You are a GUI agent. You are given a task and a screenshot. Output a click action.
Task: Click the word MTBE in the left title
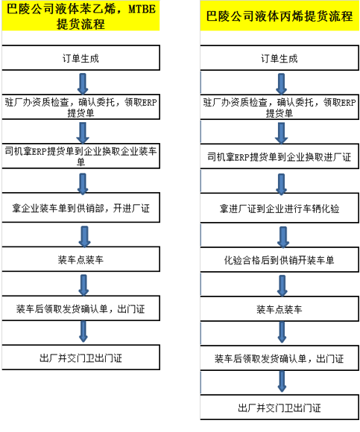(x=142, y=9)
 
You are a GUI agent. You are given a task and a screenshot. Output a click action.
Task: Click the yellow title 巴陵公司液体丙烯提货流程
(x=280, y=16)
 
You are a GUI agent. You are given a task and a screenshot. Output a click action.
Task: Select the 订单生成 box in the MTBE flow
(x=80, y=58)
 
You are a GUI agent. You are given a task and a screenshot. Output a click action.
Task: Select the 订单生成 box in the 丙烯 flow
(x=280, y=58)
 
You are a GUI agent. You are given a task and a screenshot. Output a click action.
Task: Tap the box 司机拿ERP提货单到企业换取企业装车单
(x=80, y=156)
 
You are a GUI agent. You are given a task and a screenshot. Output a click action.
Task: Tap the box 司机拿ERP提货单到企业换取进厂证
(x=280, y=156)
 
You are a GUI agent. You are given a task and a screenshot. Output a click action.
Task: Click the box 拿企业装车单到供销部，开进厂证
(x=80, y=208)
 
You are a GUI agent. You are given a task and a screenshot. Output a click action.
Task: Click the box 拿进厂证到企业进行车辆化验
(x=280, y=208)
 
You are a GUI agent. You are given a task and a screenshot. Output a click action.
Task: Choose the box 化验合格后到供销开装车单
(x=280, y=259)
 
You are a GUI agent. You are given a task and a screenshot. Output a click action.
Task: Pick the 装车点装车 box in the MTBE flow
(x=80, y=259)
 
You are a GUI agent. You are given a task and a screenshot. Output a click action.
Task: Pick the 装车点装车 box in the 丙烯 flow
(x=280, y=309)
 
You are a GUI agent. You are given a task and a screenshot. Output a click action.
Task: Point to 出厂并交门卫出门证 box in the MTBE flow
(x=80, y=358)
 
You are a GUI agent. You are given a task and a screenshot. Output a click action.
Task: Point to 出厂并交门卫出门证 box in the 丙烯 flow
(x=280, y=407)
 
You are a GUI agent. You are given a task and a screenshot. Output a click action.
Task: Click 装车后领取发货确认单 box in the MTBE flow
(x=80, y=308)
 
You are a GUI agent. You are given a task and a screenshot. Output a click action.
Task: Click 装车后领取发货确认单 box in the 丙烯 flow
(x=280, y=358)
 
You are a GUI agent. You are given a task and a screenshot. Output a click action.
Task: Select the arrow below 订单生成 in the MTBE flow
(x=83, y=83)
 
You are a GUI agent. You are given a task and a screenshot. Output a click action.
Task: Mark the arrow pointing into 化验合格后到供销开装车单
(x=283, y=237)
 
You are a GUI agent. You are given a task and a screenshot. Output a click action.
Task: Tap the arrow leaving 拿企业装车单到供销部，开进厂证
(x=85, y=237)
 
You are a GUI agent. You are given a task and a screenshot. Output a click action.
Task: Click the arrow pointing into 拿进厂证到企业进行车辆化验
(x=282, y=184)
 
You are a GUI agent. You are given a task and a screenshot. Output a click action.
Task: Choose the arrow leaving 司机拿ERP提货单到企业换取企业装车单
(x=83, y=184)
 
